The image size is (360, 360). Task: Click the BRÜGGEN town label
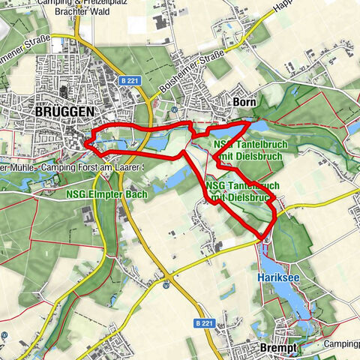click(x=64, y=111)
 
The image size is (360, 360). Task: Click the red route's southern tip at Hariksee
click(x=263, y=237)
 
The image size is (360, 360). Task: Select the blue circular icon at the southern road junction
click(x=166, y=285)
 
